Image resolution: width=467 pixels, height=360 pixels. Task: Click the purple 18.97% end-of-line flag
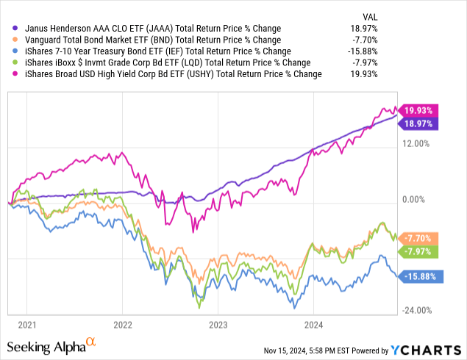[419, 124]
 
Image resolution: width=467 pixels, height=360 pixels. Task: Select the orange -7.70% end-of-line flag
[419, 239]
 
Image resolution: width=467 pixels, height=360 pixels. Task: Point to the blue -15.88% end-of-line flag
[419, 277]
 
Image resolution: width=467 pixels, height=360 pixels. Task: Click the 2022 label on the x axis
[122, 323]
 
